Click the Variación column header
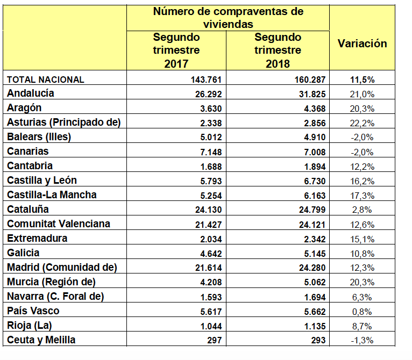(x=362, y=44)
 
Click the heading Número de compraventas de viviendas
(x=228, y=18)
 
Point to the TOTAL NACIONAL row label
(x=45, y=79)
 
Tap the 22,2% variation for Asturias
(x=362, y=123)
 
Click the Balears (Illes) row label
(x=39, y=136)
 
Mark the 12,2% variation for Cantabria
(x=362, y=166)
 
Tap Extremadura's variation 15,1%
(x=362, y=239)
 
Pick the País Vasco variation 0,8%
(x=362, y=311)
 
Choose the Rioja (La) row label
(x=29, y=325)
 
